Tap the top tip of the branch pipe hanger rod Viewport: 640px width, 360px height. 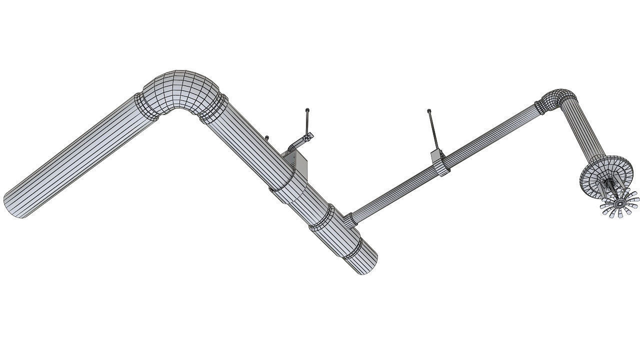click(429, 111)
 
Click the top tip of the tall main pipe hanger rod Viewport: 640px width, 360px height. click(307, 110)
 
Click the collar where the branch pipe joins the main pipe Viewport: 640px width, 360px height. click(349, 219)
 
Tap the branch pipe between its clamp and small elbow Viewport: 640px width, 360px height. click(490, 132)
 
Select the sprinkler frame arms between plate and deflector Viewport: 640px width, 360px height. click(610, 189)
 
